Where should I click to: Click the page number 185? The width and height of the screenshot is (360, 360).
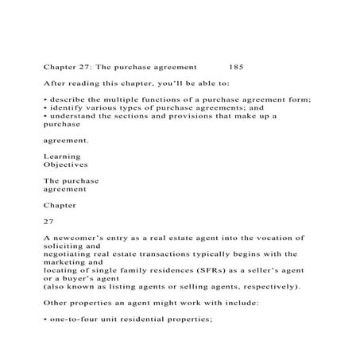(236, 68)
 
